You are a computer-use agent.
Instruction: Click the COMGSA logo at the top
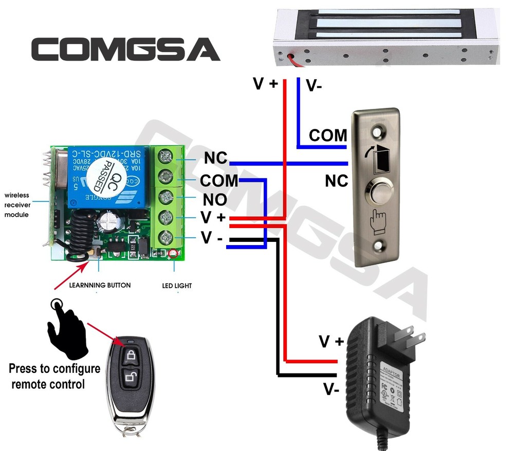[x=126, y=49]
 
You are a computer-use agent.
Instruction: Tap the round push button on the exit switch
[x=381, y=194]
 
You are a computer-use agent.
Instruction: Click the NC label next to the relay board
[x=215, y=158]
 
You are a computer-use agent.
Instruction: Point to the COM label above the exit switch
[x=328, y=136]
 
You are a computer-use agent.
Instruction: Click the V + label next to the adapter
[x=331, y=342]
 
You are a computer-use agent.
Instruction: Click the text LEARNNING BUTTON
[x=100, y=285]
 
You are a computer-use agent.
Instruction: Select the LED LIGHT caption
[x=177, y=285]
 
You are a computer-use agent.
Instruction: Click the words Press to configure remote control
[x=54, y=376]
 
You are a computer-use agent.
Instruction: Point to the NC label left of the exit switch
[x=337, y=181]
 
